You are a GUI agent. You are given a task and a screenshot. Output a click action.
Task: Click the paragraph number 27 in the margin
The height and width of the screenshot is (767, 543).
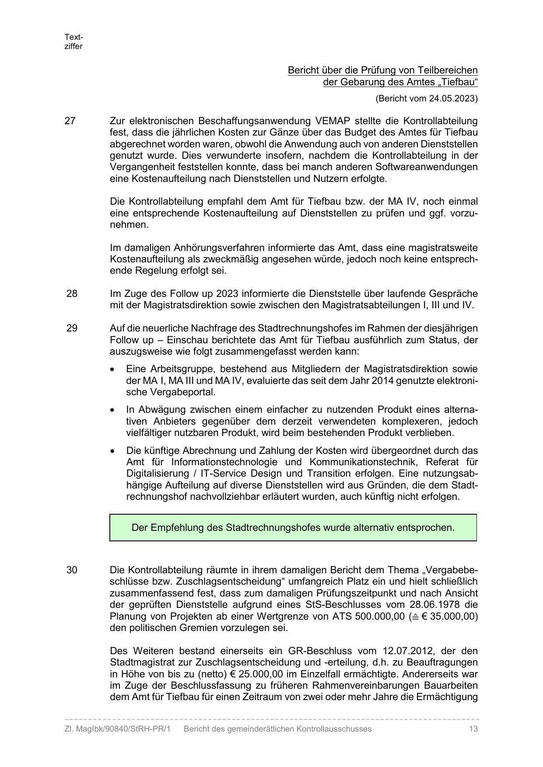[x=70, y=121]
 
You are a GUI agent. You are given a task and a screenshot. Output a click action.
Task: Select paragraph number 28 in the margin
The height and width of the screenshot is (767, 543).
[x=72, y=293]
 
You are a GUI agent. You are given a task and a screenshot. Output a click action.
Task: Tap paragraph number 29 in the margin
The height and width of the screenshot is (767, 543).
[x=72, y=328]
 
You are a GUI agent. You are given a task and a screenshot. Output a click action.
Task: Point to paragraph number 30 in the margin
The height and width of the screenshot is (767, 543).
[x=72, y=570]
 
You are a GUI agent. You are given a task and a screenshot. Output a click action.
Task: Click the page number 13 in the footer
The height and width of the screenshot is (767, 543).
[x=473, y=729]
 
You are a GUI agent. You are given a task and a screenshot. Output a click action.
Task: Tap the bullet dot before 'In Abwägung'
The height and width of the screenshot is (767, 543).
[x=113, y=410]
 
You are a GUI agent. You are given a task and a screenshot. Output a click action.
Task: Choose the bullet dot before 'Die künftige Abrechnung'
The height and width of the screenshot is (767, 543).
[x=113, y=451]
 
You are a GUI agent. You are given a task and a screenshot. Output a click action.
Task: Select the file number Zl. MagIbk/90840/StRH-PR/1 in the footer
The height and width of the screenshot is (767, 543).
[x=117, y=729]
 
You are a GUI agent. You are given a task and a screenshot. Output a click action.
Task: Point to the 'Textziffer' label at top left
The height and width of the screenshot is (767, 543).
[x=74, y=42]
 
